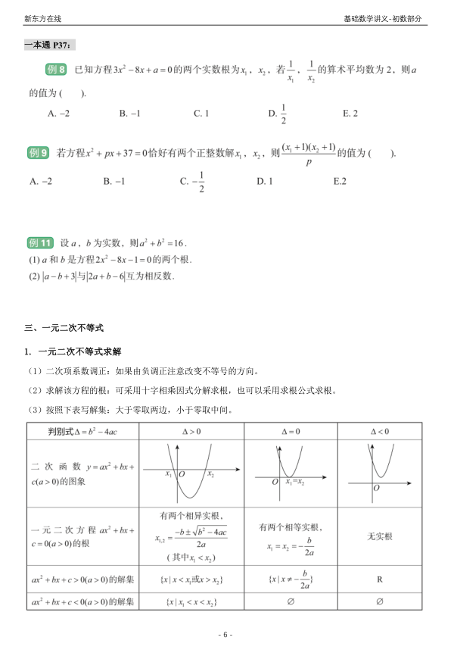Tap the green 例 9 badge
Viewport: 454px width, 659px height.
(39, 152)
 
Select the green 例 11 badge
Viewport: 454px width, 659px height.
(40, 243)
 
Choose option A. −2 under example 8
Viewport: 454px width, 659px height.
(58, 114)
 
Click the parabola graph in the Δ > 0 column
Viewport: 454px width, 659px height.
(190, 473)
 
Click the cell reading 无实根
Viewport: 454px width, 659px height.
(379, 536)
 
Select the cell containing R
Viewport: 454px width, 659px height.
(379, 579)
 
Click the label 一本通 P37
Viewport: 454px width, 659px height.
(51, 45)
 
